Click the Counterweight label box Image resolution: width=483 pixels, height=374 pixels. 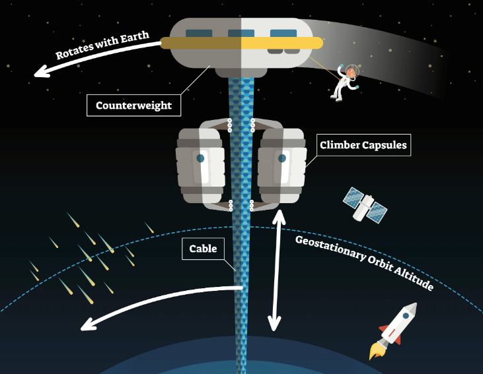pyautogui.click(x=133, y=105)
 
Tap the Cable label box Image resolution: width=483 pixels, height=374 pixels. pyautogui.click(x=203, y=249)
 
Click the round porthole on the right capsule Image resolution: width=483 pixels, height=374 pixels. pyautogui.click(x=282, y=158)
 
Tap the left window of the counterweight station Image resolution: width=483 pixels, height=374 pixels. pyautogui.click(x=199, y=33)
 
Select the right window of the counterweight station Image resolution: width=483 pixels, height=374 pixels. pyautogui.click(x=283, y=33)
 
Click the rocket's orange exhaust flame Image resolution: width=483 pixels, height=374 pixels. pyautogui.click(x=377, y=351)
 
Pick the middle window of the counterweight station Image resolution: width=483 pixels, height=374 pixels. pyautogui.click(x=241, y=33)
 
